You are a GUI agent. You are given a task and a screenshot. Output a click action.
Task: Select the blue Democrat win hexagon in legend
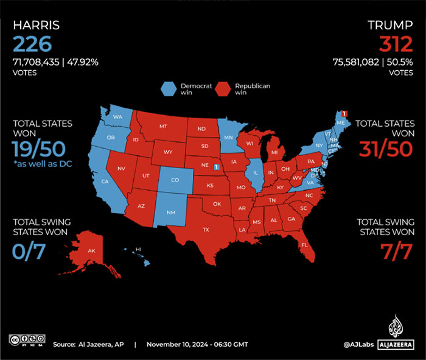tap(169, 90)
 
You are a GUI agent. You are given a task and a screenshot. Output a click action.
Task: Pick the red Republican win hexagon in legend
tap(223, 90)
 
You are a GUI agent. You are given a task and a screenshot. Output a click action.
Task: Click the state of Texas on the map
tap(206, 230)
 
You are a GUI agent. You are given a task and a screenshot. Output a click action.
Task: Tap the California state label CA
tap(105, 182)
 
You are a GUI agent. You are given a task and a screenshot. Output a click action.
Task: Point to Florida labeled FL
tap(304, 245)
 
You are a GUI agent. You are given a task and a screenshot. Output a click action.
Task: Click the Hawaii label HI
tap(138, 249)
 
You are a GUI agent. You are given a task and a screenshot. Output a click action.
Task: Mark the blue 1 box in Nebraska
tap(216, 166)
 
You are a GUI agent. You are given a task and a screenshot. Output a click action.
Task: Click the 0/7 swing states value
tap(28, 251)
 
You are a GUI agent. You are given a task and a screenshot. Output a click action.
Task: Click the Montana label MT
tap(163, 126)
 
